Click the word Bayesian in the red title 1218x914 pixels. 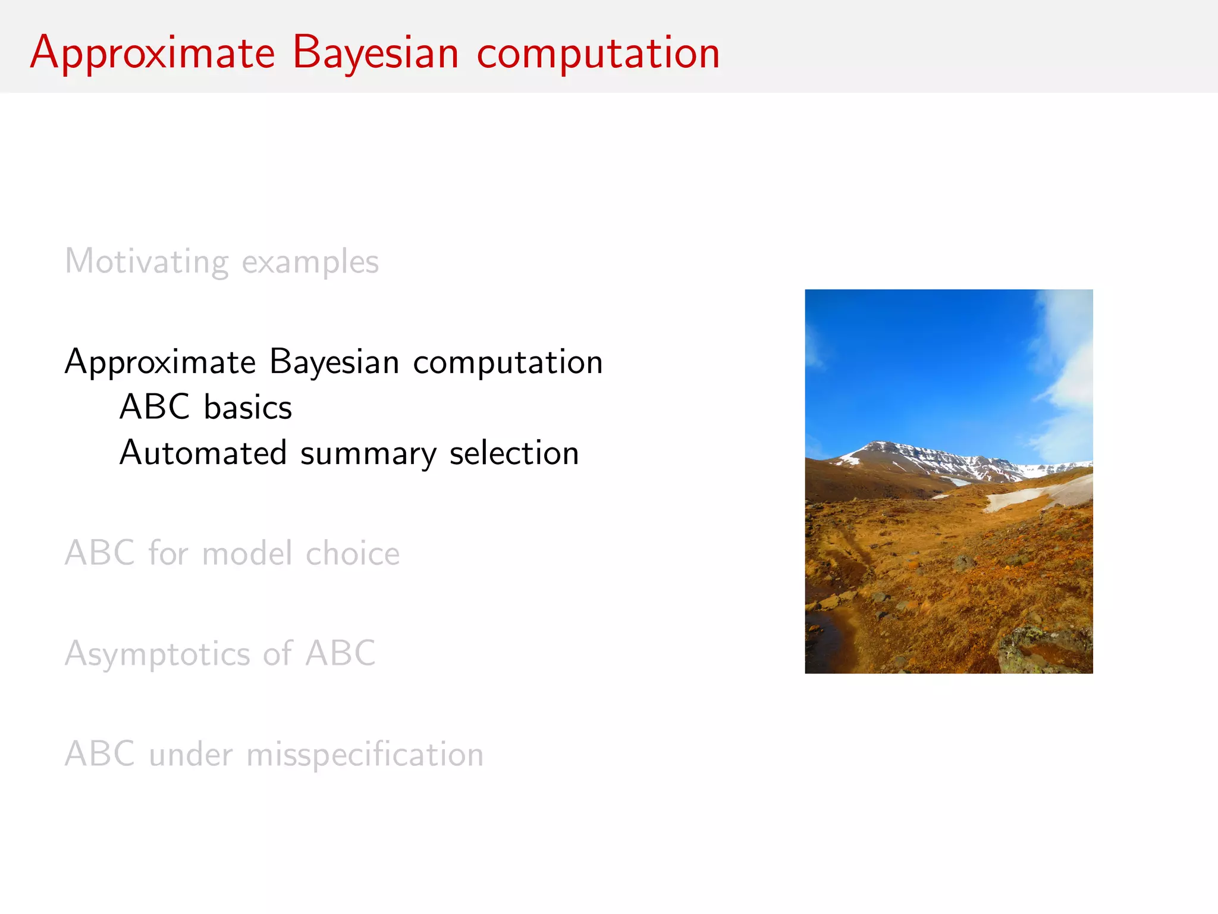point(375,54)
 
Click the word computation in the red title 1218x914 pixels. point(598,54)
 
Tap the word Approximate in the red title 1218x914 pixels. point(152,54)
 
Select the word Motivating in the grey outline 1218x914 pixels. point(146,262)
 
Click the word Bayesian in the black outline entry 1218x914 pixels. point(334,362)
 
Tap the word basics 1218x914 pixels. point(248,408)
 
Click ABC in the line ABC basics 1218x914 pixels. point(155,408)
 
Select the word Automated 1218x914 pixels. point(203,453)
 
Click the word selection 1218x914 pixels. point(514,453)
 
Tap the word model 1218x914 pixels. point(247,553)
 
